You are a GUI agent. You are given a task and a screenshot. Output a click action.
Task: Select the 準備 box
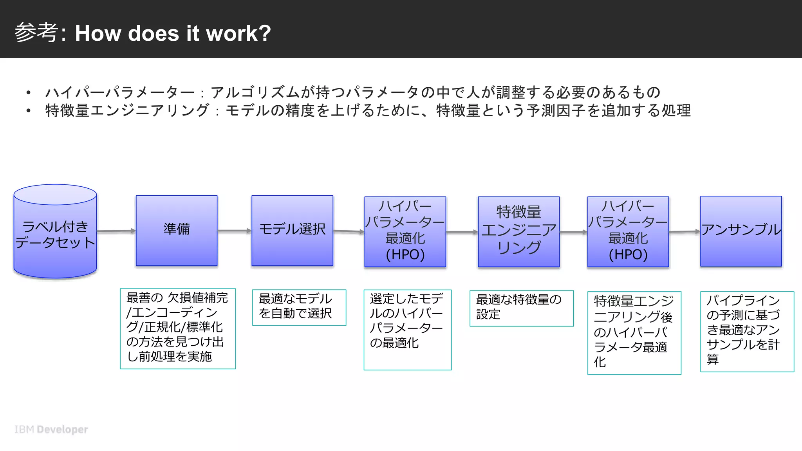point(177,230)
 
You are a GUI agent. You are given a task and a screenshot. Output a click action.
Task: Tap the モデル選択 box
point(292,230)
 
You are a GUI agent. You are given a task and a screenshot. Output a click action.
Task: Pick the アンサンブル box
point(741,231)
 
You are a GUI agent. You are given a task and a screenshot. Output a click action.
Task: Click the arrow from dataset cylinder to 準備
point(116,231)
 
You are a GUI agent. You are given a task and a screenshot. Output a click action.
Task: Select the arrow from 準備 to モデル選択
point(234,231)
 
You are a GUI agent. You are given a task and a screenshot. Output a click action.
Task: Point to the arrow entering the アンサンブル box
point(684,232)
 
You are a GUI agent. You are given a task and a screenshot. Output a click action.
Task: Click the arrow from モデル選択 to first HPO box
point(349,231)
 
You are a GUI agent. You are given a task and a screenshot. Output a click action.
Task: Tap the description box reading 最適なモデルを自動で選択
point(299,307)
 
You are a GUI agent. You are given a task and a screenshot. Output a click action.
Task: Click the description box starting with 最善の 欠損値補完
point(177,328)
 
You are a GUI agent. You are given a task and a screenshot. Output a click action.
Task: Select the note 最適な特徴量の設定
point(521,308)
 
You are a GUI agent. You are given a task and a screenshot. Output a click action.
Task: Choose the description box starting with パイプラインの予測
point(747,331)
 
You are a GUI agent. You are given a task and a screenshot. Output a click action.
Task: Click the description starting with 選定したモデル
point(407,329)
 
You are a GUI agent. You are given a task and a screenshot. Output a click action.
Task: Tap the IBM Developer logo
point(51,429)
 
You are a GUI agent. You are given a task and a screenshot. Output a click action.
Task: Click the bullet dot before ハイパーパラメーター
point(28,93)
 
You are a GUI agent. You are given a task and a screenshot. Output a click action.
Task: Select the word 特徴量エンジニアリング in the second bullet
point(127,110)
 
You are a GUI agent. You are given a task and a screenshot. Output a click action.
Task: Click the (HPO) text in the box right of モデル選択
point(405,255)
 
